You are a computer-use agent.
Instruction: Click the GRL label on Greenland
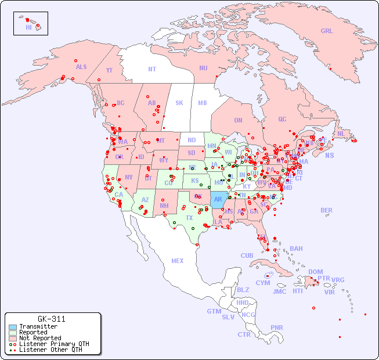[x=327, y=31]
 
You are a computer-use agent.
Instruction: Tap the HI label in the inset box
[x=28, y=27]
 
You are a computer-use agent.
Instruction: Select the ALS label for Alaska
[x=81, y=67]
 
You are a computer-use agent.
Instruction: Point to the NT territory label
[x=152, y=69]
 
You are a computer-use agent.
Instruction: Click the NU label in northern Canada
[x=203, y=68]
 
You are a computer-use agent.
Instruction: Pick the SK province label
[x=179, y=103]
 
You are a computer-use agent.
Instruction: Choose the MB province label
[x=203, y=103]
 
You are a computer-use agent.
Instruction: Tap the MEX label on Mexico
[x=178, y=261]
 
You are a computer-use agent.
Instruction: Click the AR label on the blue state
[x=218, y=199]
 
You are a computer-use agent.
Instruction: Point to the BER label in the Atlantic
[x=327, y=210]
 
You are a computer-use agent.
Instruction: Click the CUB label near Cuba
[x=247, y=255]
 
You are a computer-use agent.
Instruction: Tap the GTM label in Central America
[x=214, y=311]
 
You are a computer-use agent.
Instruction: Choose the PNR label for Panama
[x=277, y=327]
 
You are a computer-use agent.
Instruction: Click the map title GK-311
[x=51, y=319]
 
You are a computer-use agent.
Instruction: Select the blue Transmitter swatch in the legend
[x=12, y=327]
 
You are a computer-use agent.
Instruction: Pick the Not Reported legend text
[x=40, y=338]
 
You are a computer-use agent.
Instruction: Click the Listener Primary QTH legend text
[x=54, y=344]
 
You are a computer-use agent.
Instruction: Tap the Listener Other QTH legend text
[x=50, y=350]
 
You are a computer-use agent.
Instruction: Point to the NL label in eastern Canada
[x=341, y=133]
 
